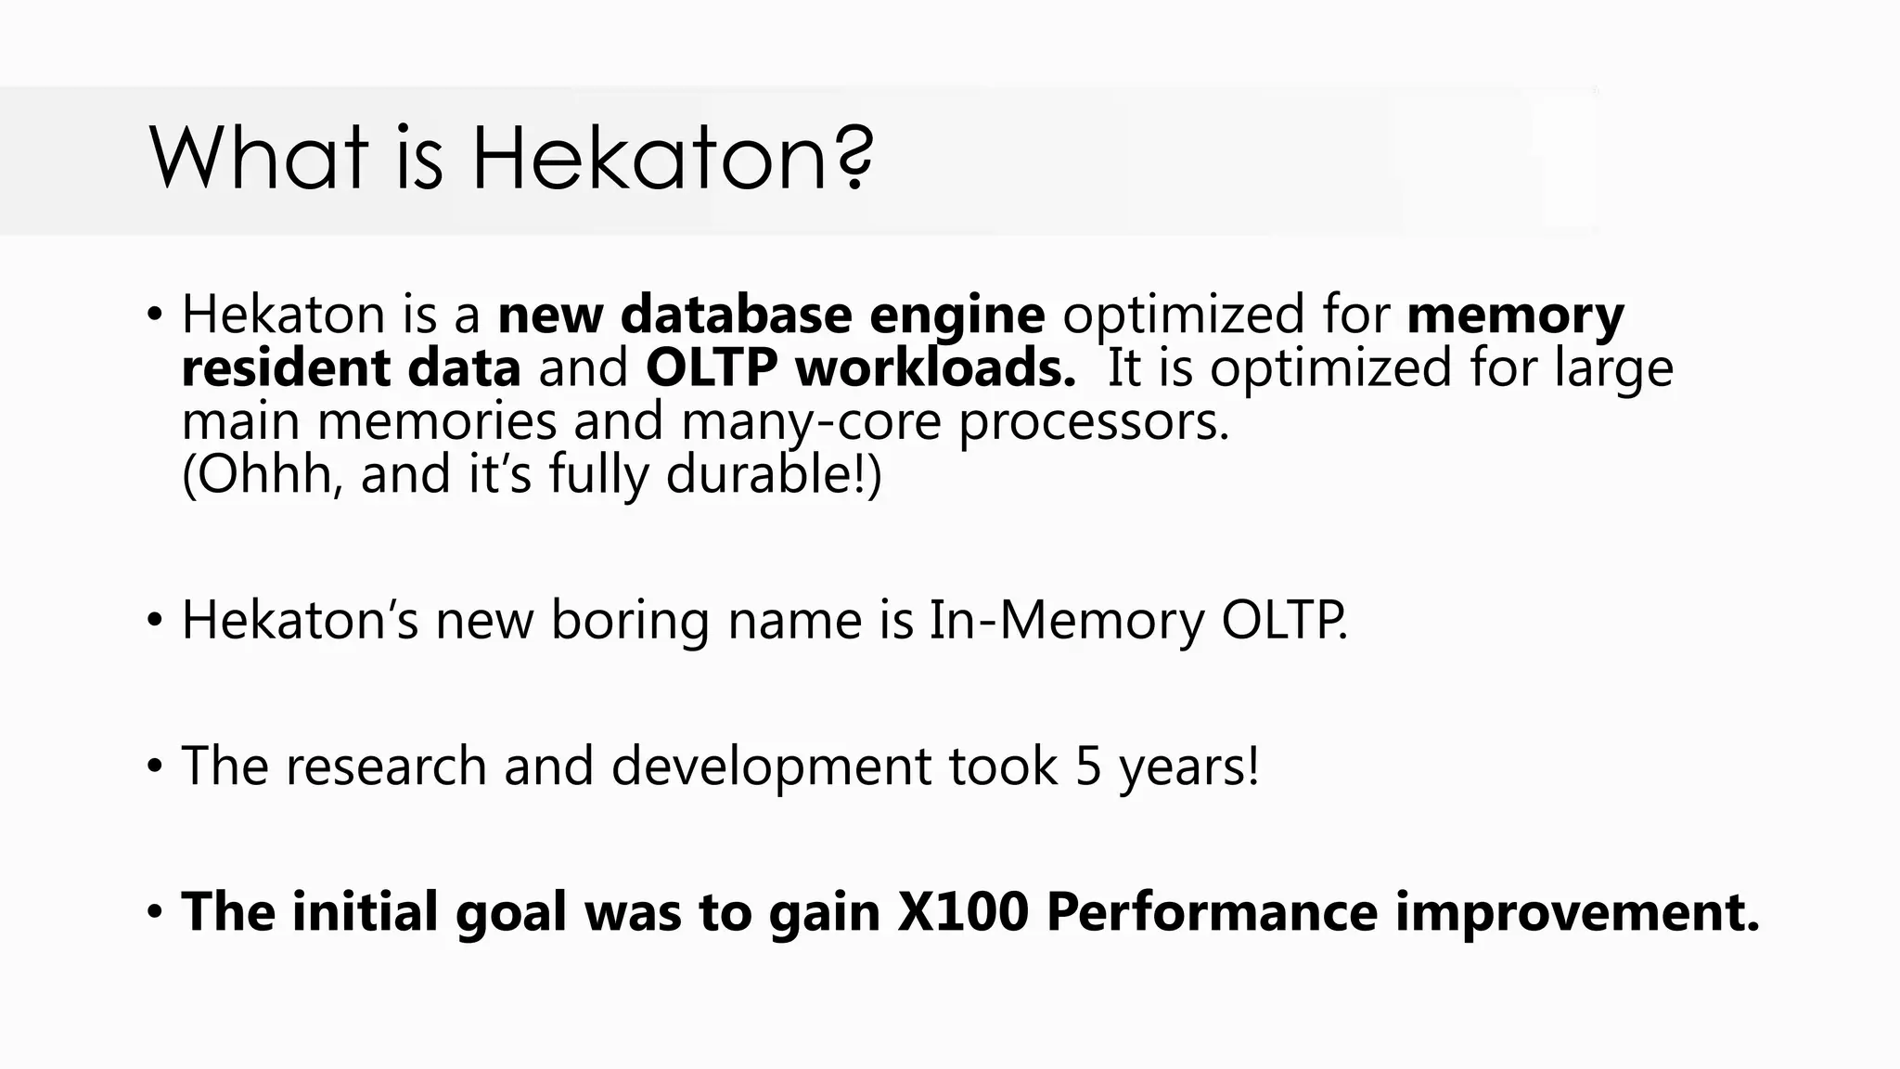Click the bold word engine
pyautogui.click(x=956, y=315)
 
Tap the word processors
pyautogui.click(x=1093, y=422)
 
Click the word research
pyautogui.click(x=385, y=766)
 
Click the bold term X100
pyautogui.click(x=963, y=911)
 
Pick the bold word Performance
pyautogui.click(x=1212, y=911)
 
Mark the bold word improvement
pyautogui.click(x=1577, y=911)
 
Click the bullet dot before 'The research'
pyautogui.click(x=155, y=767)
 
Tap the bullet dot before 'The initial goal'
pyautogui.click(x=155, y=912)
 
